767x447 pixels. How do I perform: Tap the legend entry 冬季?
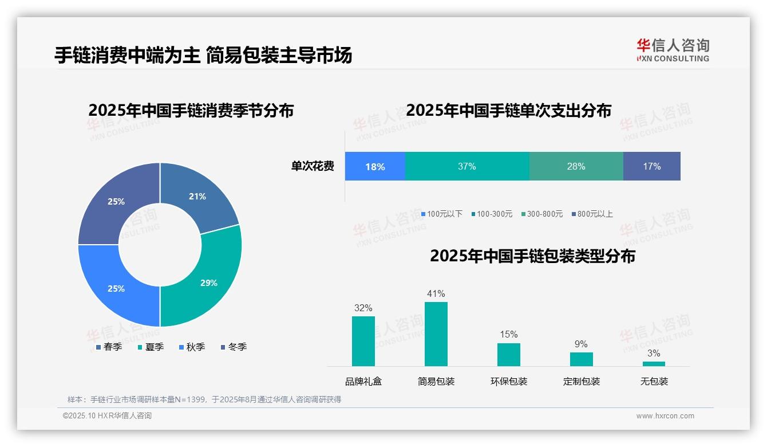[234, 347]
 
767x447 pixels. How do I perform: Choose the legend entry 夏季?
[151, 347]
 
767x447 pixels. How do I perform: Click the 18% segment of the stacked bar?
[375, 167]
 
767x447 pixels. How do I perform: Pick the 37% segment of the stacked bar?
[467, 167]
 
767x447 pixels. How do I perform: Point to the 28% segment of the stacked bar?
[576, 167]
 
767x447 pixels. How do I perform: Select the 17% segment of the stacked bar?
[651, 167]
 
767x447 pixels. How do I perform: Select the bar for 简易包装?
[436, 334]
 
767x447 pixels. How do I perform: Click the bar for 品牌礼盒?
[363, 341]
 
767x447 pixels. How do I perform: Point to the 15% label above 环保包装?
[508, 334]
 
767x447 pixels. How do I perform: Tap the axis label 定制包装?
[581, 381]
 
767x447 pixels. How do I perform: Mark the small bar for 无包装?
[654, 363]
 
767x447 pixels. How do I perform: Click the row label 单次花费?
[313, 167]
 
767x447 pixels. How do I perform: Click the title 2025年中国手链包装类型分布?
[532, 256]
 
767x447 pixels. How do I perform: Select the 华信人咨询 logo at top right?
[673, 50]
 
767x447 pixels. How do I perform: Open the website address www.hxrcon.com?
[665, 416]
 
